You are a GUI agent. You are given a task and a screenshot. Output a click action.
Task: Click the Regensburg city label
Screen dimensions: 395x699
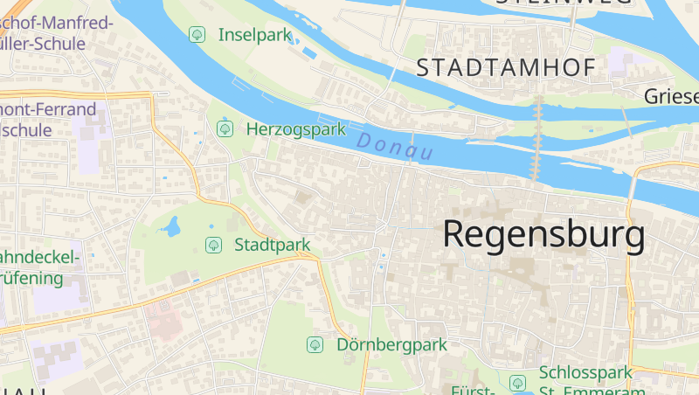tap(543, 234)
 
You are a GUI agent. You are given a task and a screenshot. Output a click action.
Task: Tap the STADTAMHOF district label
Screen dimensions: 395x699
tap(506, 67)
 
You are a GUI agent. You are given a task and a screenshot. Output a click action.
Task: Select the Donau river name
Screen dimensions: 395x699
tap(395, 144)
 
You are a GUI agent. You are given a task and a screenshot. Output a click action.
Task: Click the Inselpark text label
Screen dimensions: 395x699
tap(254, 35)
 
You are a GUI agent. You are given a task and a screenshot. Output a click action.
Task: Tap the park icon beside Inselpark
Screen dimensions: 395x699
tap(197, 35)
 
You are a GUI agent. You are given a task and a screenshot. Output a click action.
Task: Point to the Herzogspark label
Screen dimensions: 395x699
tap(296, 129)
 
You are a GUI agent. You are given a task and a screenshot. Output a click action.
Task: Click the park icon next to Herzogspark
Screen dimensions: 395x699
tap(225, 129)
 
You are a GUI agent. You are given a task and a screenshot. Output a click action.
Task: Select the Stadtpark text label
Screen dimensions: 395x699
tap(273, 245)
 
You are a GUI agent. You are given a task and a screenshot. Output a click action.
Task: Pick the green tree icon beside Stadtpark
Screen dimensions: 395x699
tap(212, 245)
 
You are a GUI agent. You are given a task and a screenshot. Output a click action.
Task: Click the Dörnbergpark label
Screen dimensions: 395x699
tap(391, 344)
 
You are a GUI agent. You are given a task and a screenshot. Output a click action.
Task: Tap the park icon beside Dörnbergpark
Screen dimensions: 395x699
tap(314, 344)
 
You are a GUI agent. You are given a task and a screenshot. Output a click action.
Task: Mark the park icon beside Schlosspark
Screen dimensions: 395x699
tap(517, 383)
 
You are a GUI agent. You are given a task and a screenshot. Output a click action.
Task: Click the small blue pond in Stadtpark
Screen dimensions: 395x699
tap(170, 228)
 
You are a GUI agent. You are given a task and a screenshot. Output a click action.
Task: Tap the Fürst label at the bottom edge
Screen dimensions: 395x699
tap(473, 390)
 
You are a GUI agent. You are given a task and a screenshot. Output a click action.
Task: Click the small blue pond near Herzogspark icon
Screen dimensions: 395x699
tap(225, 117)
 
